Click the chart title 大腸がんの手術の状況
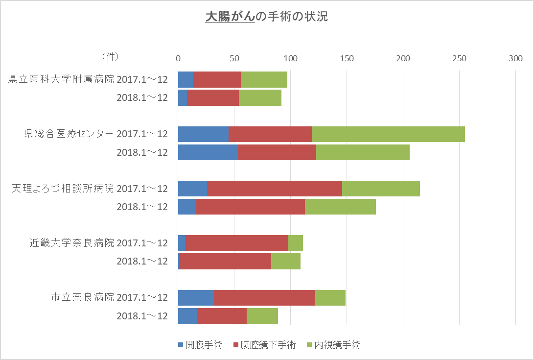266,17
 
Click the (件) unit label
110,57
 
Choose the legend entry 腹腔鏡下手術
265,345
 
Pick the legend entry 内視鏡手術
333,345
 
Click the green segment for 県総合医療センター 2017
388,134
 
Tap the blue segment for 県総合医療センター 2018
208,152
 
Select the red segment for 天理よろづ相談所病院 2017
275,189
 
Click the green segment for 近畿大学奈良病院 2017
296,243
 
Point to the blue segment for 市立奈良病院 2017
196,297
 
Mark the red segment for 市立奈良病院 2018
222,316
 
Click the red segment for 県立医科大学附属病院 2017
217,79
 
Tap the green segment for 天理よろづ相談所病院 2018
340,207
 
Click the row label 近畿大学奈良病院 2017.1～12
98,243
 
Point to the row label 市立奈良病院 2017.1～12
109,297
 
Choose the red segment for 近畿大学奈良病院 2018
225,262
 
